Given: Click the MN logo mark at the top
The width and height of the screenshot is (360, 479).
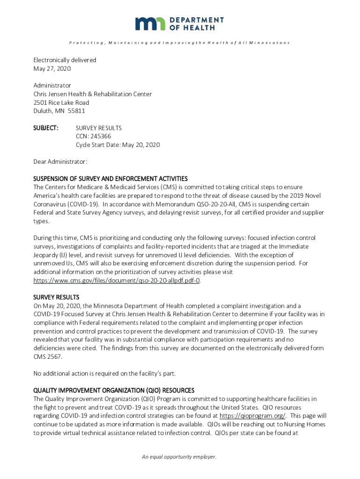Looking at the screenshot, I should [150, 23].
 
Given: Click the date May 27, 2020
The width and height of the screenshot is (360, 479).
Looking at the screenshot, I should [51, 69].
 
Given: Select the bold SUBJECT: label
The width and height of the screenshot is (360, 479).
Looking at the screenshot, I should [46, 128].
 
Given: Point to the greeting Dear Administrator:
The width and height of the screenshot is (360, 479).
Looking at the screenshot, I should [60, 161].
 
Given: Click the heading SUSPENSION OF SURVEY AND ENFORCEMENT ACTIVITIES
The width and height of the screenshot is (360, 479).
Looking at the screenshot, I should [110, 179].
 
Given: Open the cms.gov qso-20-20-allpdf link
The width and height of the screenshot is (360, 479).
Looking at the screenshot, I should [117, 280].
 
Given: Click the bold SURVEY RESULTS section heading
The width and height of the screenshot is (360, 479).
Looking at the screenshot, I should [56, 297].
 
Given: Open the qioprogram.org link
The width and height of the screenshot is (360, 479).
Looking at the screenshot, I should [252, 415].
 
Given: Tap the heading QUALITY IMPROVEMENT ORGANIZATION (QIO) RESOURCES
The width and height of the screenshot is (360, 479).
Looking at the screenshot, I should [114, 390].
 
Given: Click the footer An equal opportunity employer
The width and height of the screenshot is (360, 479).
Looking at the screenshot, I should [180, 457].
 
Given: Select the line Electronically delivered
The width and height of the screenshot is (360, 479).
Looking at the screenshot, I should [65, 60].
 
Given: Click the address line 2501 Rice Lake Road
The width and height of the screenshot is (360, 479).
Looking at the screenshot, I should [61, 102].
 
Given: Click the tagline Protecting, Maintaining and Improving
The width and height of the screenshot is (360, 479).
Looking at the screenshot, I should [180, 43].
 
